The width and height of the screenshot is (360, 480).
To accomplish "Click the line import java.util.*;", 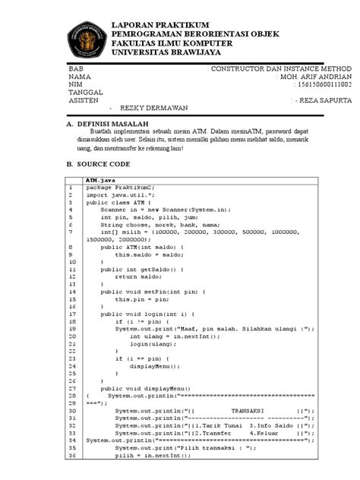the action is (116, 195).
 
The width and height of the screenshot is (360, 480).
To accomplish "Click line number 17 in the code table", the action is (71, 314).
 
